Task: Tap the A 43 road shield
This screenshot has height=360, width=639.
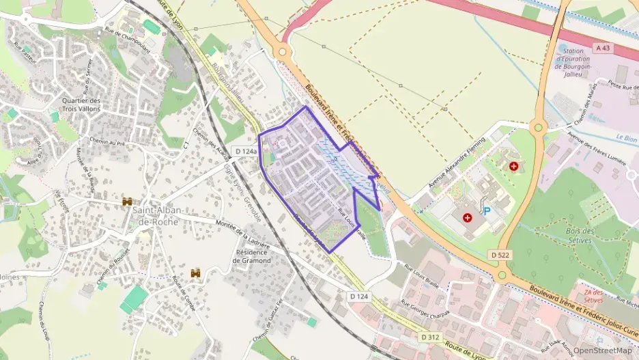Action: pyautogui.click(x=603, y=48)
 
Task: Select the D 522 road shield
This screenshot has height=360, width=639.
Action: pyautogui.click(x=500, y=255)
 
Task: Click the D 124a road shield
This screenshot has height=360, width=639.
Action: pyautogui.click(x=245, y=151)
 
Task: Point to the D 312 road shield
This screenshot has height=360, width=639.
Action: pyautogui.click(x=430, y=337)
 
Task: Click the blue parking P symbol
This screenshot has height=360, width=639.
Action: pyautogui.click(x=487, y=211)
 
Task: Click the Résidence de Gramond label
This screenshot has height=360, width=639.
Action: pyautogui.click(x=253, y=255)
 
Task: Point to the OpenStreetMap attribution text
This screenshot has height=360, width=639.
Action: pyautogui.click(x=602, y=350)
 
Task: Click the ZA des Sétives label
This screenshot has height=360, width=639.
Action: pyautogui.click(x=593, y=296)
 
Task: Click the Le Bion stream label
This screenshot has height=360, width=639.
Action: pyautogui.click(x=625, y=137)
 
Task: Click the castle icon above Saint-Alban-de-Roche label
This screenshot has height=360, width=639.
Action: pyautogui.click(x=127, y=202)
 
